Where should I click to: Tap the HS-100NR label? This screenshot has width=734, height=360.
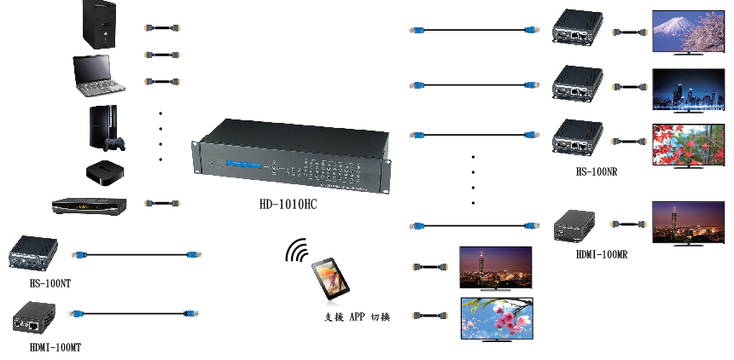(596, 172)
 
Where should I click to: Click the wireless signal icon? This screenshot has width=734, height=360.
(296, 253)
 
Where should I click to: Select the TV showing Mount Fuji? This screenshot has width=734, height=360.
(685, 32)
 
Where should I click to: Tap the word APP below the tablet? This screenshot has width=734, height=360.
(357, 317)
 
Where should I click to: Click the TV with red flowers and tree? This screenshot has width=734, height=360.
(686, 144)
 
